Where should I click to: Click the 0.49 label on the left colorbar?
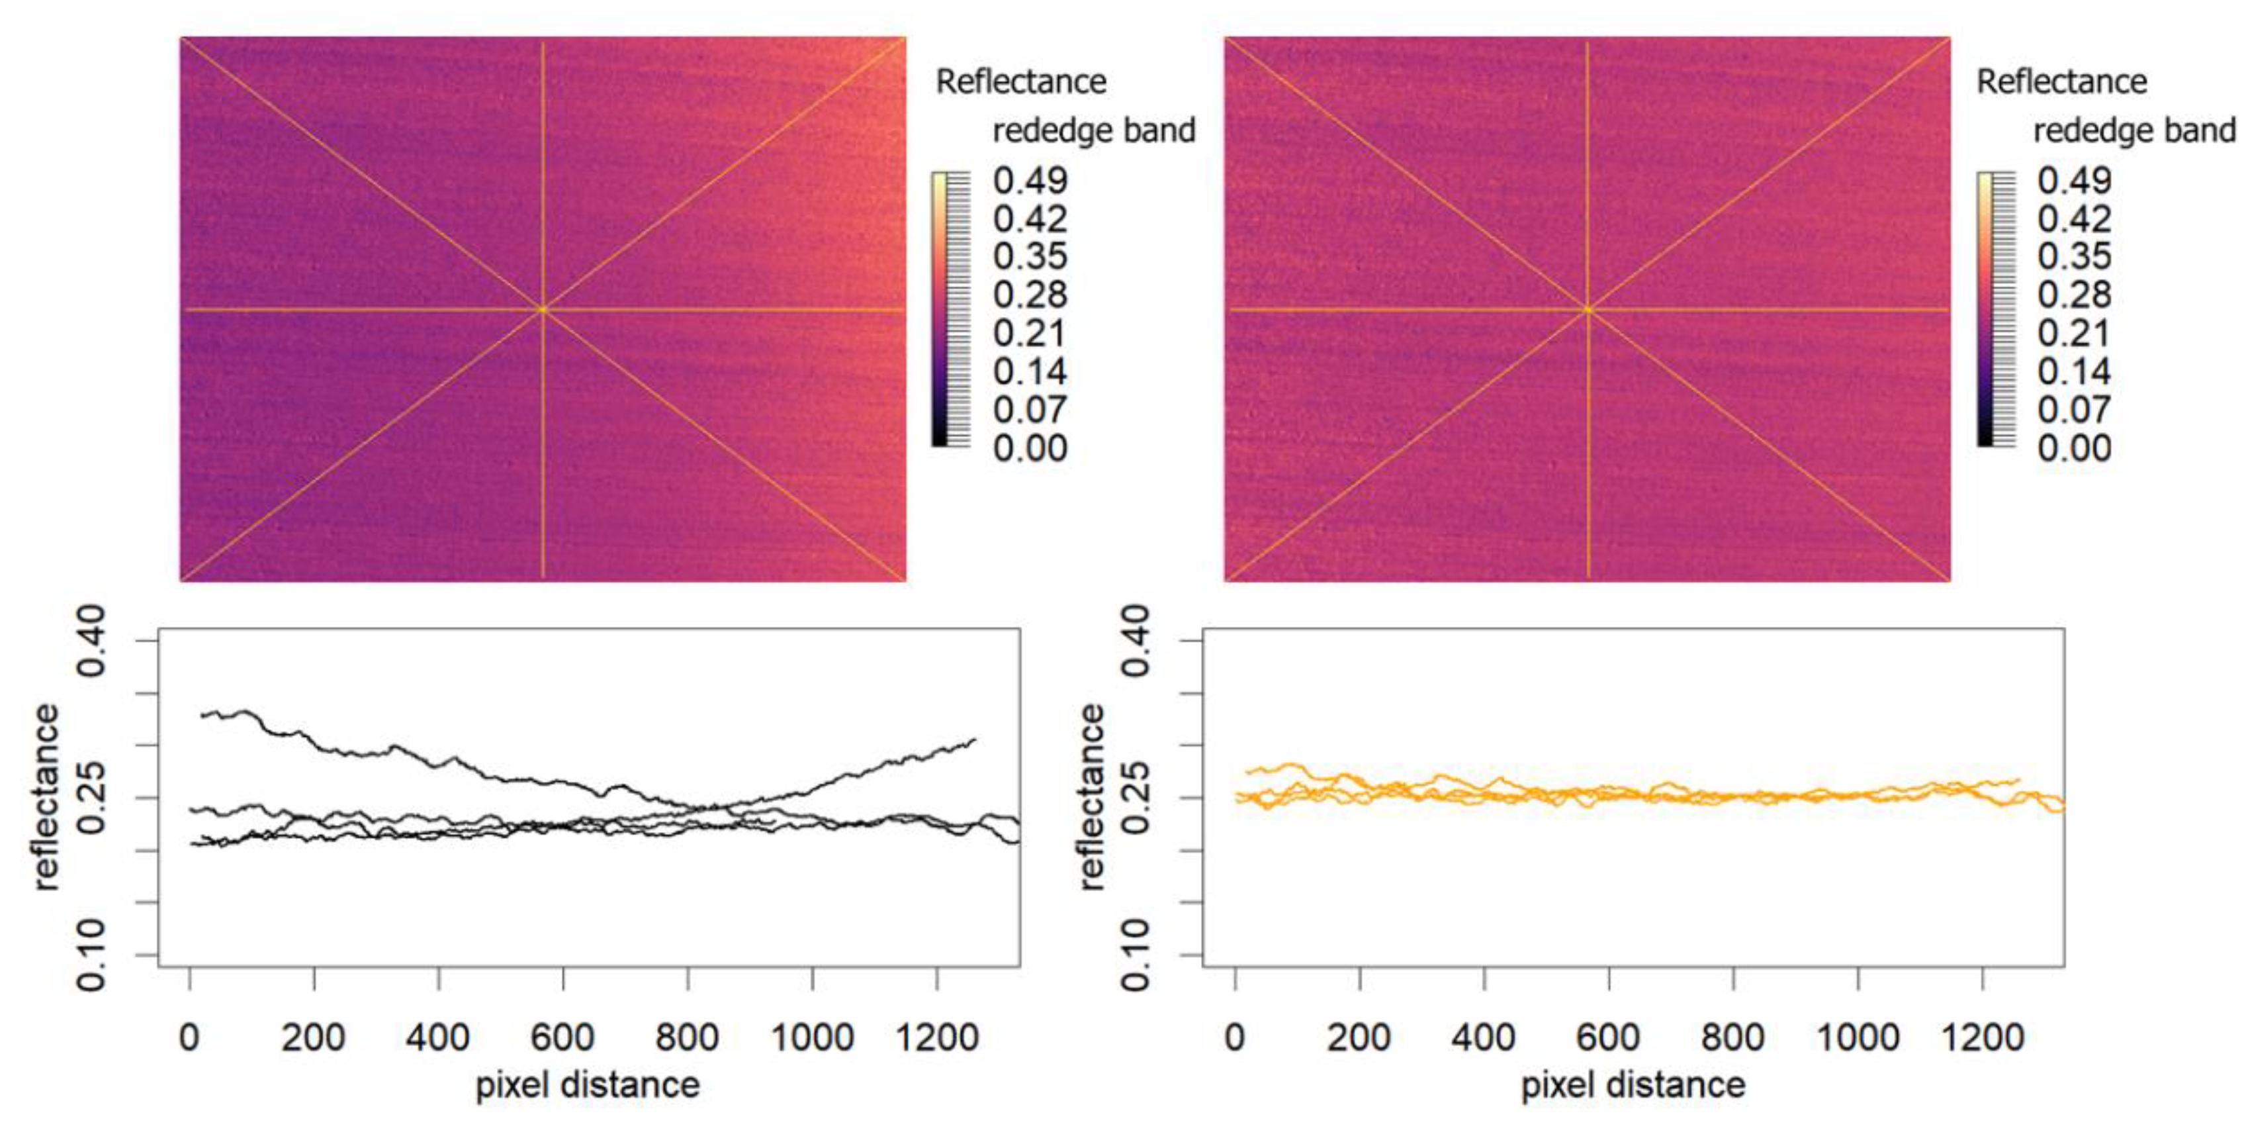point(1030,181)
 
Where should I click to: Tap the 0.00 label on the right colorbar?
point(2075,449)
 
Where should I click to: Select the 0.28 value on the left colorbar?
point(1030,295)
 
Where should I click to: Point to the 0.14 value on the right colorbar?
point(2075,372)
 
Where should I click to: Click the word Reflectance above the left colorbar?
point(1021,82)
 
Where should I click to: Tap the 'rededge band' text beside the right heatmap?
point(2135,131)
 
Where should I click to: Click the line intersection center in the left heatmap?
point(543,309)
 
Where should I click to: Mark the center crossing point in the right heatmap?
point(1588,309)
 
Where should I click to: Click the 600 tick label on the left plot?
point(563,1038)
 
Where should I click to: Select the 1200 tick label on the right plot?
point(1982,1038)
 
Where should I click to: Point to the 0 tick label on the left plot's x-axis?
point(189,1038)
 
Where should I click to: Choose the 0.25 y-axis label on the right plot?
point(1136,798)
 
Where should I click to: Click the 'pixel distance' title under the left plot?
point(587,1085)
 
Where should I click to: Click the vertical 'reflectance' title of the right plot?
point(1091,797)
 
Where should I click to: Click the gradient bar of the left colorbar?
point(939,309)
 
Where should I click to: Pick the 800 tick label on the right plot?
point(1733,1038)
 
